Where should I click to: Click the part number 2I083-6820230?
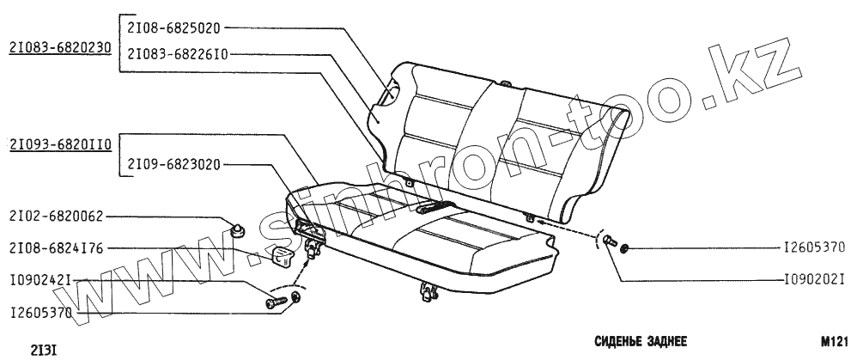point(60,48)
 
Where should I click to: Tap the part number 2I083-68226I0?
point(177,52)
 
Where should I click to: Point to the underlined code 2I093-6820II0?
point(60,145)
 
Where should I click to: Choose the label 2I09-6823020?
point(174,163)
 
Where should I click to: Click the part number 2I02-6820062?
point(54,217)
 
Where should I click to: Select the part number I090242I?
point(40,281)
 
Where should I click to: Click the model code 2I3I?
point(44,350)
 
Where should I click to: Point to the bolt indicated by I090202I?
point(608,241)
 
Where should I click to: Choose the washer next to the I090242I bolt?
point(296,298)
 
